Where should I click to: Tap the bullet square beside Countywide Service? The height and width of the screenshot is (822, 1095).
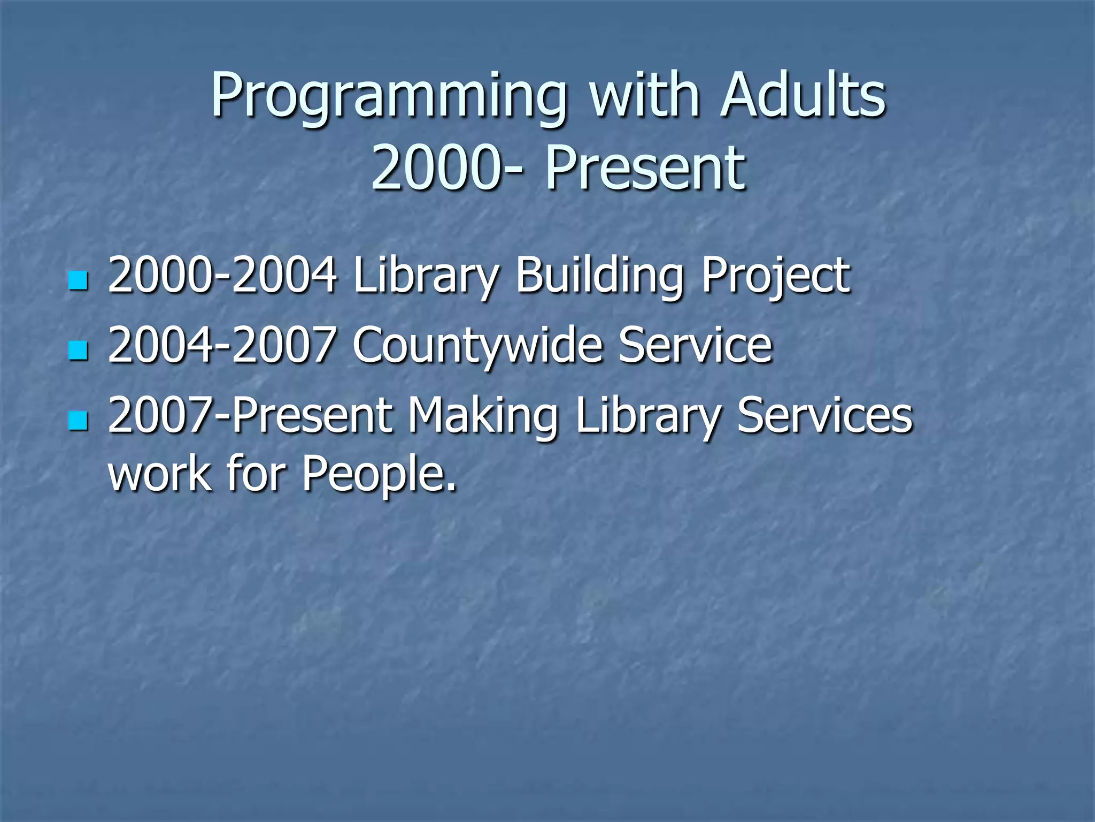click(x=78, y=351)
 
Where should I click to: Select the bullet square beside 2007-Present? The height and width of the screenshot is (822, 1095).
click(x=78, y=421)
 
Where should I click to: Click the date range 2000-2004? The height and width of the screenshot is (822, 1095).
click(x=222, y=276)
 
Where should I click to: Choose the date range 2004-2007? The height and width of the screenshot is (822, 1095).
click(x=222, y=345)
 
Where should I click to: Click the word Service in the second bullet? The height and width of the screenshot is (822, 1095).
click(x=695, y=345)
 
